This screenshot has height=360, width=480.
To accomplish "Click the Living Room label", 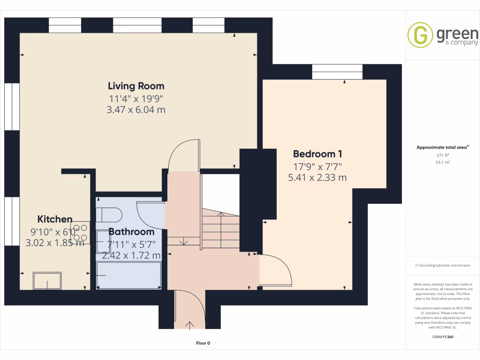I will click(136, 86).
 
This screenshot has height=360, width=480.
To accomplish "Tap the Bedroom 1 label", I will click(317, 154).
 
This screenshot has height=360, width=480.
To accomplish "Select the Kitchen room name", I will click(55, 219).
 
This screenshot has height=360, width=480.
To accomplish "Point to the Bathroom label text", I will click(131, 232).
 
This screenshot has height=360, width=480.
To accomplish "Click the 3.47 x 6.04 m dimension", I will click(136, 110).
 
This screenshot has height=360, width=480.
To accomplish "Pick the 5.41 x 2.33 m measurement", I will click(317, 178).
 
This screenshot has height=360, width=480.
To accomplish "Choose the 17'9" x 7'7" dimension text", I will click(317, 166).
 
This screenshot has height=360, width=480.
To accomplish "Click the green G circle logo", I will click(420, 35).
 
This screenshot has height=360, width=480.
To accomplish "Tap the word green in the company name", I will click(457, 34).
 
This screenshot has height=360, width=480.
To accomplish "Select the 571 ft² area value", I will click(443, 155).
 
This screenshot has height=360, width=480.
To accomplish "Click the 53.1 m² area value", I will click(443, 162).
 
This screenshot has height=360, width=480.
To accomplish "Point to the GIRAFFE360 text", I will click(443, 337).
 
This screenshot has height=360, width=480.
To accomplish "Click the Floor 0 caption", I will click(203, 343).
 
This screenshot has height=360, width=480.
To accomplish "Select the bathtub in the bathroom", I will click(129, 275).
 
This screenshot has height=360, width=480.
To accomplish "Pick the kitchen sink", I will click(47, 281).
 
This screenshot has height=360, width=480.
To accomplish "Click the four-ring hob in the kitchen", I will click(80, 232).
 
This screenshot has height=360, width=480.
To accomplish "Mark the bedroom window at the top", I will click(337, 72).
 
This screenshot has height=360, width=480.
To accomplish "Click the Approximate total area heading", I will click(443, 147).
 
